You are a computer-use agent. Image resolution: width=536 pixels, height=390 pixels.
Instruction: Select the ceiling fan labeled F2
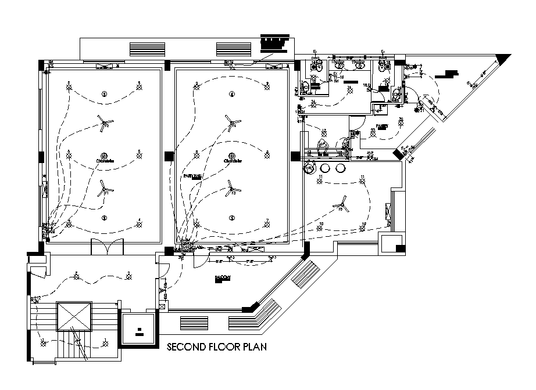click(x=105, y=122)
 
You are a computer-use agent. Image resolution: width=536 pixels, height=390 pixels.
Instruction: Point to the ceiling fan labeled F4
click(x=233, y=122)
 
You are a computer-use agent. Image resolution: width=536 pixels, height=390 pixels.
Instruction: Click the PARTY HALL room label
click(x=193, y=175)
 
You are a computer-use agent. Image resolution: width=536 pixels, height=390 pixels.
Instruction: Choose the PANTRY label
click(x=381, y=125)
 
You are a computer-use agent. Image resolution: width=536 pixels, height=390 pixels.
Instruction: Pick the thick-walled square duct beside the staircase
click(x=139, y=330)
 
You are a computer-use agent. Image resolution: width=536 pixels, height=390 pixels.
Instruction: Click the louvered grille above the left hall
click(x=142, y=49)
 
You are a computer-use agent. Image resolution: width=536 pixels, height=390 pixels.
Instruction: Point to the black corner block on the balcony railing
click(x=251, y=308)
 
